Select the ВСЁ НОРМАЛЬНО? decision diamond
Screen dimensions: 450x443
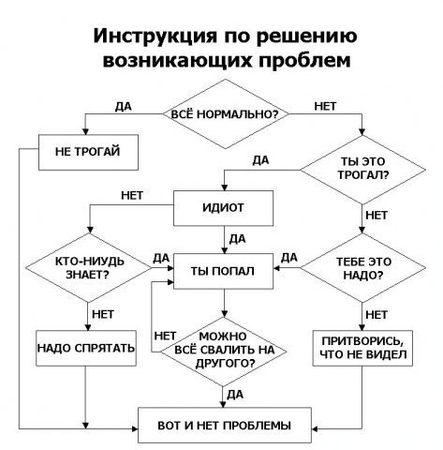pyautogui.click(x=225, y=112)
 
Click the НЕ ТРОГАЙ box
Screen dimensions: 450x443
pyautogui.click(x=85, y=155)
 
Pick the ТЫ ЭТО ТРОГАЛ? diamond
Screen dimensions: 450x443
pyautogui.click(x=362, y=165)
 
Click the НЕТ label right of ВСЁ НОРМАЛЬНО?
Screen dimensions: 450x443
pyautogui.click(x=325, y=105)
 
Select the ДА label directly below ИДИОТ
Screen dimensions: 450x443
pyautogui.click(x=238, y=238)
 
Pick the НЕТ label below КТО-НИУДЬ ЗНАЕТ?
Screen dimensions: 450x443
pyautogui.click(x=102, y=313)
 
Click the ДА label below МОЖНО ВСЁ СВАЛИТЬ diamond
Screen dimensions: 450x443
pyautogui.click(x=236, y=393)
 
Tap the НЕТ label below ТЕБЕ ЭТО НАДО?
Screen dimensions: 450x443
pyautogui.click(x=377, y=313)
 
